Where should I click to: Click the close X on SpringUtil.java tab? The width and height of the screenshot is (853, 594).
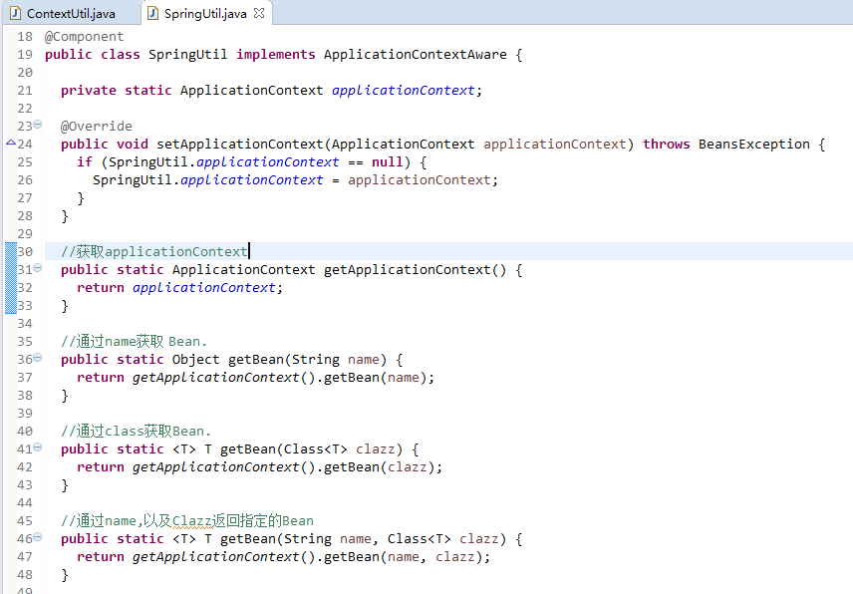(259, 14)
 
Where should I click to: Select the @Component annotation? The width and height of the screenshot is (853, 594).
(84, 37)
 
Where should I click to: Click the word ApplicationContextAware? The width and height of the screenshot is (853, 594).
(415, 55)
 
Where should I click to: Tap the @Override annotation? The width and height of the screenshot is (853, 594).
(96, 127)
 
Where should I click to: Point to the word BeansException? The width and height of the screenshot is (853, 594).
(753, 145)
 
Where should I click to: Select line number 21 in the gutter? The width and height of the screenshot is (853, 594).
(25, 91)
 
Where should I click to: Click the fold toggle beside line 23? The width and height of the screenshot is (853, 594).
(38, 125)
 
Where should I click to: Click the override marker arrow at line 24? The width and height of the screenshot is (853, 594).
(10, 144)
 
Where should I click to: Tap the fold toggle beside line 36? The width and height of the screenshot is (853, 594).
(38, 358)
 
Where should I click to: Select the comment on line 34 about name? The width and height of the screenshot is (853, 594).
(134, 342)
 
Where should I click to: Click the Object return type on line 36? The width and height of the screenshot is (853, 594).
(195, 360)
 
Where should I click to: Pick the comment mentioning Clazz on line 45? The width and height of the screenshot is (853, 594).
(186, 521)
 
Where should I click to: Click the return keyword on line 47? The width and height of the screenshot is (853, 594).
(100, 557)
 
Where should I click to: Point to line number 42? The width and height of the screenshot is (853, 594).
(25, 467)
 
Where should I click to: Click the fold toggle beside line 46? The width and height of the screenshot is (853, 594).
(38, 537)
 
